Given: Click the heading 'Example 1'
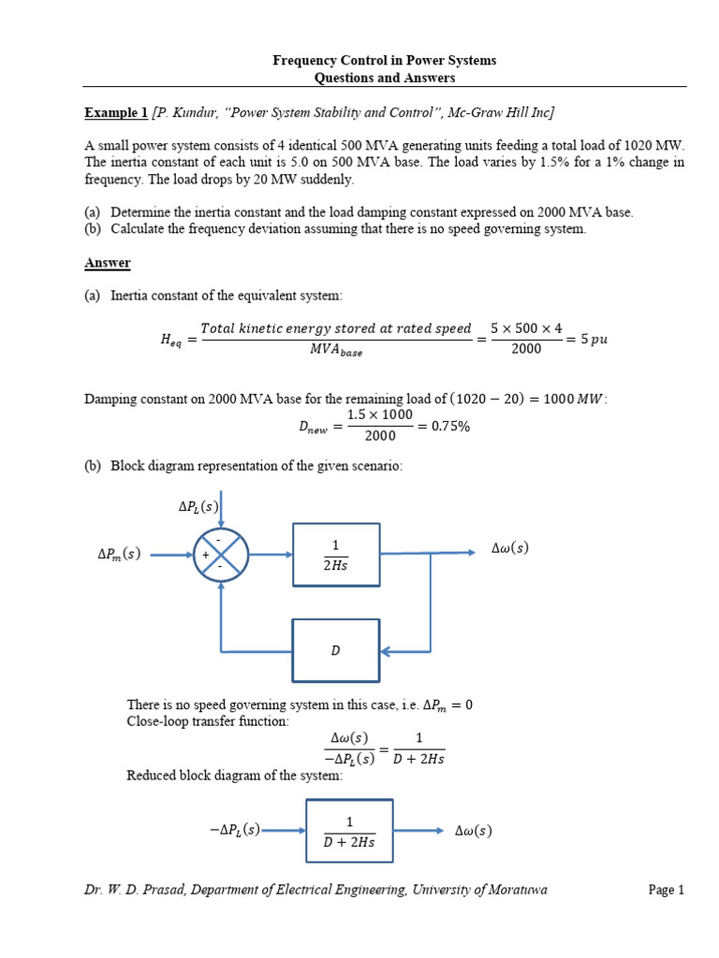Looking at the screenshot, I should click(x=116, y=113).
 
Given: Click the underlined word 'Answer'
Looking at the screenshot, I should click(x=108, y=263).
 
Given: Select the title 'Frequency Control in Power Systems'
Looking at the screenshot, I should click(x=384, y=60).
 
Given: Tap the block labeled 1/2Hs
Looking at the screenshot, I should click(x=336, y=555).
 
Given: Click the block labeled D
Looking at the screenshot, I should click(x=336, y=650).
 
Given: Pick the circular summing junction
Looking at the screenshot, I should click(x=221, y=555).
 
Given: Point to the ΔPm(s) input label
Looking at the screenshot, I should click(x=119, y=554).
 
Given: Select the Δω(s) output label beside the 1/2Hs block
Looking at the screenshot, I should click(x=510, y=548).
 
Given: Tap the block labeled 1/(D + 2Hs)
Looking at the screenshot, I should click(x=349, y=831).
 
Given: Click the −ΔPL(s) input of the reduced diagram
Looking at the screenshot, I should click(x=235, y=830).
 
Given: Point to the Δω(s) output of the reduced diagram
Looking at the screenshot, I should click(x=473, y=830).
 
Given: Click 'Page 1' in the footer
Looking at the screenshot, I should click(x=667, y=890).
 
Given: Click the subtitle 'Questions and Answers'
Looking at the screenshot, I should click(x=384, y=79).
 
